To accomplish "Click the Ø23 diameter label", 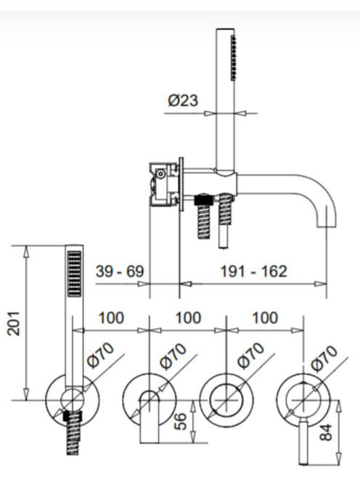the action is tap(183, 100).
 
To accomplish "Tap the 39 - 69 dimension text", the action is tap(120, 271).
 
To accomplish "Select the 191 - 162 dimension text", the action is tap(253, 271).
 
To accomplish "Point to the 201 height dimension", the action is tap(14, 323).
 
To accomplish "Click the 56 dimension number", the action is tap(181, 421).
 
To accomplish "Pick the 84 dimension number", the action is tap(326, 432).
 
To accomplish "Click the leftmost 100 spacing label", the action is tap(111, 318).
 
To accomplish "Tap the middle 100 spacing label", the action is tap(188, 318).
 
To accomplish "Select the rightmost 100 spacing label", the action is tap(265, 318).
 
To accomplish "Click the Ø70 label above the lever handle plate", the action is tap(324, 357).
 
